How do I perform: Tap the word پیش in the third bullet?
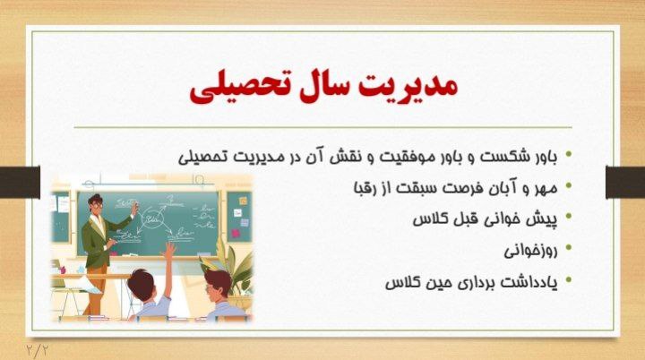(x=541, y=219)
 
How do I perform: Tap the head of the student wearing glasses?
(x=215, y=286)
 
